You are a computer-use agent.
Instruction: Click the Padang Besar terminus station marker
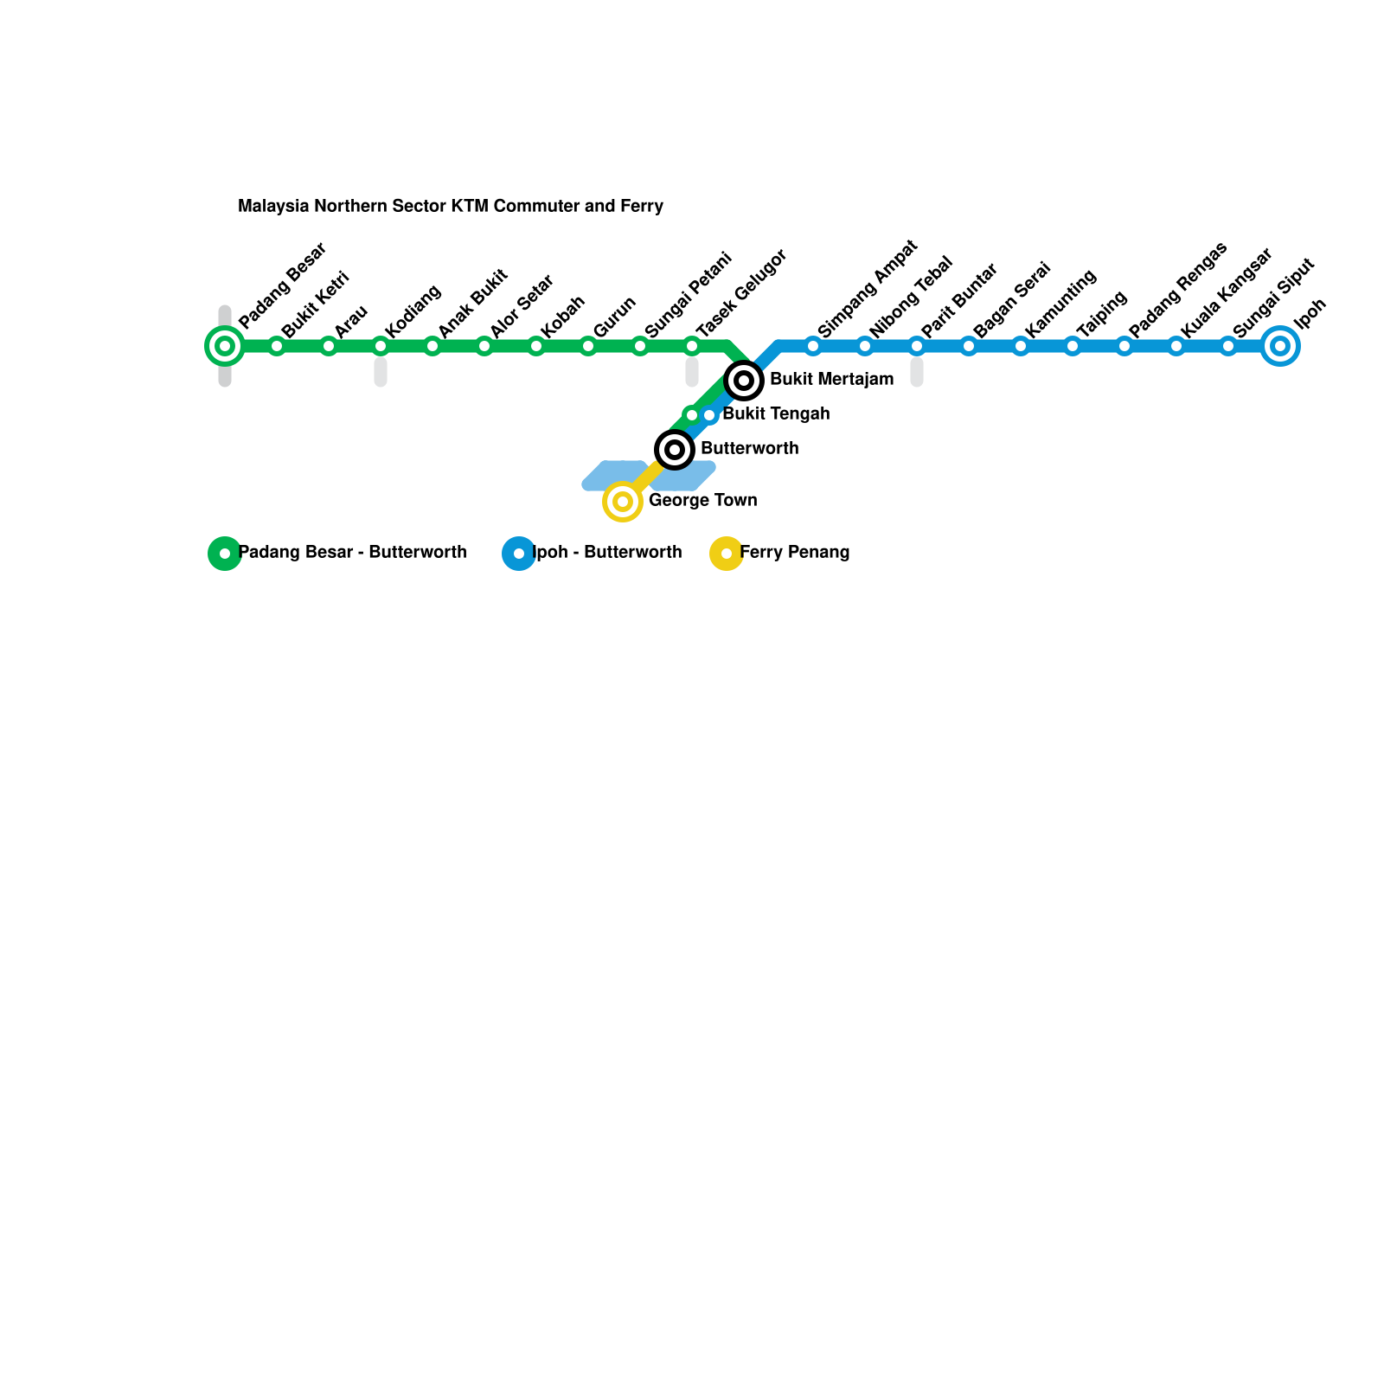coord(225,346)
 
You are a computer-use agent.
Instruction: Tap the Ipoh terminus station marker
coord(1280,346)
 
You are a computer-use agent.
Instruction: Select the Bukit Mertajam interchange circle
coord(744,381)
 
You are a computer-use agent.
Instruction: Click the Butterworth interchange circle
coord(675,450)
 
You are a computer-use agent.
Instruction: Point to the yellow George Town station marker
coord(623,502)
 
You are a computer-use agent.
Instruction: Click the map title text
coord(451,207)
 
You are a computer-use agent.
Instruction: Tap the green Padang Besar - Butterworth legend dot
coord(225,554)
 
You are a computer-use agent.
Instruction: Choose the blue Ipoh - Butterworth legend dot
coord(519,554)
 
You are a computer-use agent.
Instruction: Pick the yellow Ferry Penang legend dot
coord(727,554)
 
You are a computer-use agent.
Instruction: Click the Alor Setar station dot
coord(484,346)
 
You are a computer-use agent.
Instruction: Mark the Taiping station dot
coord(1073,346)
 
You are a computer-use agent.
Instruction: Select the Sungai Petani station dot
coord(640,346)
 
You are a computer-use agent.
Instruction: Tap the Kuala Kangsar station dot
coord(1176,346)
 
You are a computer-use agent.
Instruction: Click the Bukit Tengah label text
coord(776,414)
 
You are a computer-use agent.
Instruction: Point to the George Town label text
coord(702,501)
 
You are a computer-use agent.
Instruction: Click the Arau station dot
coord(329,346)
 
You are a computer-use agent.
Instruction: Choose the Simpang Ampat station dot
coord(813,346)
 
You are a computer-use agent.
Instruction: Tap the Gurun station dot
coord(588,346)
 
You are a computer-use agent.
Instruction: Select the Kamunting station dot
coord(1021,346)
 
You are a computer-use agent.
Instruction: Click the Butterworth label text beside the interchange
coord(749,449)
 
